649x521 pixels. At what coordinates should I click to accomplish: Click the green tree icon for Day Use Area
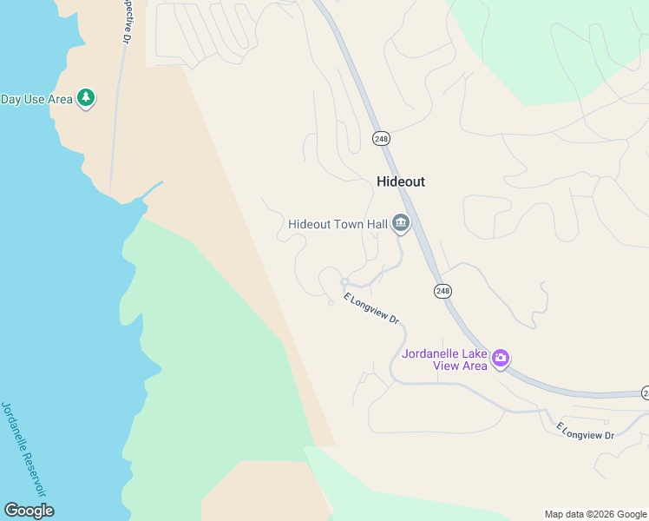85,98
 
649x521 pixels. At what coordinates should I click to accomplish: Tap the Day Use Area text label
36,99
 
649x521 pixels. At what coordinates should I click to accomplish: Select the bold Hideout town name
401,181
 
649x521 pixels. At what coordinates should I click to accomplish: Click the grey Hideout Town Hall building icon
401,225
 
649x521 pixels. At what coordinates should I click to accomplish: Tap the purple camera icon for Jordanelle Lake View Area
501,358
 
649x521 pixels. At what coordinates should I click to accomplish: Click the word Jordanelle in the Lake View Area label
431,353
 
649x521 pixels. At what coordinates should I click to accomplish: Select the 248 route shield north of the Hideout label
381,139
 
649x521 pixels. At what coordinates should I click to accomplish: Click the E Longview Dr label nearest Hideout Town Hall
370,309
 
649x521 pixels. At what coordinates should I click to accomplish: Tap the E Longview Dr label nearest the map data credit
585,431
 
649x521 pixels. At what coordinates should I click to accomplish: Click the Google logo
29,511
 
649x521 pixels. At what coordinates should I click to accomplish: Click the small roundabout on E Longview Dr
344,281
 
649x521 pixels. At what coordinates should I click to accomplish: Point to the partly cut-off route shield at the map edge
645,393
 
